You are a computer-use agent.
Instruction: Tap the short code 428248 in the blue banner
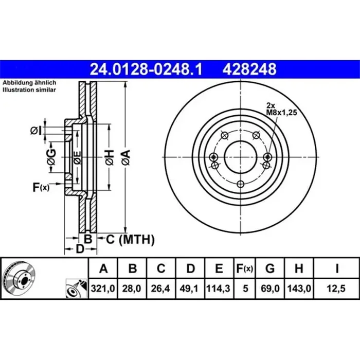(x=249, y=68)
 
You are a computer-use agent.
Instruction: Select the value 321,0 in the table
(x=103, y=290)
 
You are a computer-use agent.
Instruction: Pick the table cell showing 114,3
(x=219, y=290)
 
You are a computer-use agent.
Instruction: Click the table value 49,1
(x=190, y=290)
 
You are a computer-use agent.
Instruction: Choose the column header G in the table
(x=270, y=268)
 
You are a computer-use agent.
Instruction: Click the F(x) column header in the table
(x=245, y=268)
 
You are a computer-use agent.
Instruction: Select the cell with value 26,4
(x=161, y=290)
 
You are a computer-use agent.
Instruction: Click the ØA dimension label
(x=125, y=155)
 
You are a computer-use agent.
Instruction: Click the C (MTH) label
(x=130, y=239)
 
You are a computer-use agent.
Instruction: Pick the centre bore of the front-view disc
(x=241, y=157)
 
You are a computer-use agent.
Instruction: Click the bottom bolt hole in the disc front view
(x=241, y=185)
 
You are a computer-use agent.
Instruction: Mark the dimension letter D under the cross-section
(x=80, y=250)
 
